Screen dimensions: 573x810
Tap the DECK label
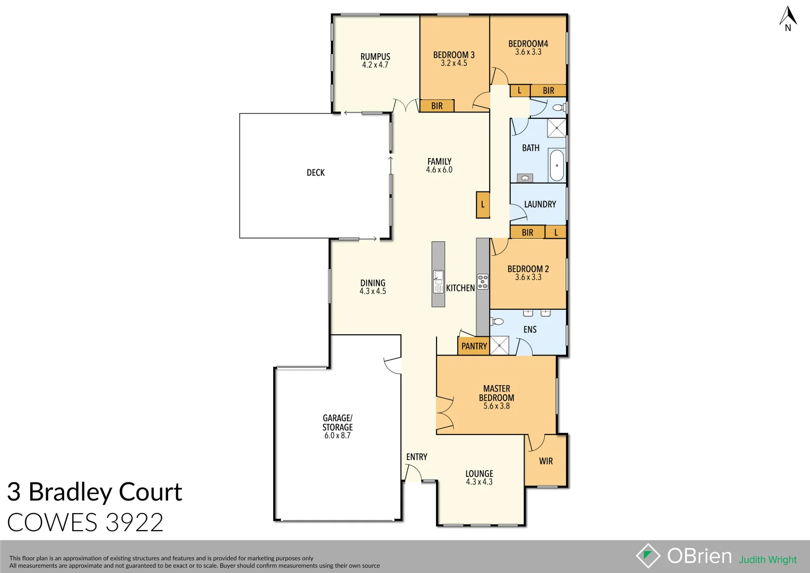pyautogui.click(x=316, y=172)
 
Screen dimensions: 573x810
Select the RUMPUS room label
pyautogui.click(x=375, y=56)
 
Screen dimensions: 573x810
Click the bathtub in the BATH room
pyautogui.click(x=556, y=165)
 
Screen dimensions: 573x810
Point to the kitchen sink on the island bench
pyautogui.click(x=438, y=281)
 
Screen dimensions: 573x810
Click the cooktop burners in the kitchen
pyautogui.click(x=483, y=282)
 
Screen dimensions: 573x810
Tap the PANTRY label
pyautogui.click(x=474, y=346)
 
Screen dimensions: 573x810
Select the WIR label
pyautogui.click(x=546, y=461)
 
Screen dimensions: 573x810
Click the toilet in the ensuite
pyautogui.click(x=497, y=322)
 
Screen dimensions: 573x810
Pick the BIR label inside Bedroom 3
pyautogui.click(x=437, y=106)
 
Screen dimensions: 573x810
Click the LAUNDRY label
pyautogui.click(x=540, y=204)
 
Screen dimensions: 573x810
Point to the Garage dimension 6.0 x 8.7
pyautogui.click(x=337, y=436)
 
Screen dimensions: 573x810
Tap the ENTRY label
pyautogui.click(x=416, y=457)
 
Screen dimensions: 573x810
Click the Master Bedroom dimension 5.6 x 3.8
pyautogui.click(x=497, y=406)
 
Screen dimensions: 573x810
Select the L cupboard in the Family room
pyautogui.click(x=483, y=204)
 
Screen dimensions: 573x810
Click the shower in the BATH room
pyautogui.click(x=556, y=128)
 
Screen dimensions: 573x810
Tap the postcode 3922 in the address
pyautogui.click(x=134, y=523)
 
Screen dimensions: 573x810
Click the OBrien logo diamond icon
pyautogui.click(x=648, y=556)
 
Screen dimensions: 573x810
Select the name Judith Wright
pyautogui.click(x=768, y=560)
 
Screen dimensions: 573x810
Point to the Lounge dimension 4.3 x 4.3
pyautogui.click(x=479, y=482)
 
